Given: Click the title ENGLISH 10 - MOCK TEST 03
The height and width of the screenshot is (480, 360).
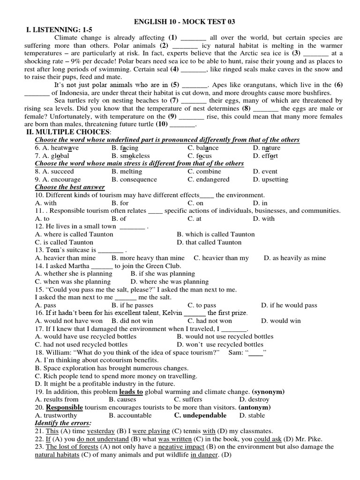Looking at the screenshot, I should [185, 22].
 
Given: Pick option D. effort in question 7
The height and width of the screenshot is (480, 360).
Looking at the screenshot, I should [265, 156].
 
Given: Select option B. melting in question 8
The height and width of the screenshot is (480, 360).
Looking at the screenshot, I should [127, 172].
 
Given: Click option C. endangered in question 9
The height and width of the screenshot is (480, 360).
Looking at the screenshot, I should [209, 180].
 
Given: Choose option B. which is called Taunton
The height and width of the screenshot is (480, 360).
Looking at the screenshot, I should [216, 234].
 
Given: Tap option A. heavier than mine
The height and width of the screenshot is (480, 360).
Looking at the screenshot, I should [65, 258].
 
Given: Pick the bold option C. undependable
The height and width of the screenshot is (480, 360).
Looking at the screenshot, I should [200, 415].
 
